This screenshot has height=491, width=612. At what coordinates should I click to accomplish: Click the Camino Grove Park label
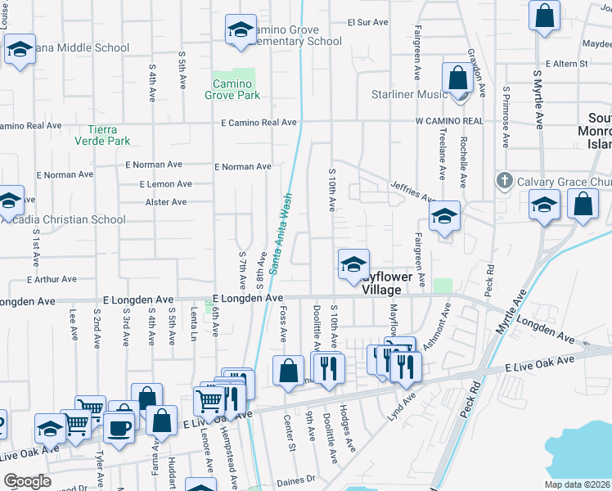(x=236, y=89)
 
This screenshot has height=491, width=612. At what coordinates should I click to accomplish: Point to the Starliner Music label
(x=409, y=94)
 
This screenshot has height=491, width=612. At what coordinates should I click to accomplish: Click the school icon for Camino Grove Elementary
(x=241, y=30)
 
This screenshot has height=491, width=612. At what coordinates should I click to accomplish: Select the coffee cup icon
(x=119, y=427)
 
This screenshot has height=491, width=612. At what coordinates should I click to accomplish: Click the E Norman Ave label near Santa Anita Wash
(x=243, y=167)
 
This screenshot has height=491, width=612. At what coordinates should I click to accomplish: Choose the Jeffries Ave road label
(x=412, y=192)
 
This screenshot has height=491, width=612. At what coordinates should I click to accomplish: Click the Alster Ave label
(x=166, y=202)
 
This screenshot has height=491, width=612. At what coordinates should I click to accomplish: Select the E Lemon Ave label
(x=165, y=185)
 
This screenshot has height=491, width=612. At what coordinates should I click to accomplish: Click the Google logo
(x=27, y=481)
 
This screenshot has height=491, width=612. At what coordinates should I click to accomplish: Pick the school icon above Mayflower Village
(x=353, y=264)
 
